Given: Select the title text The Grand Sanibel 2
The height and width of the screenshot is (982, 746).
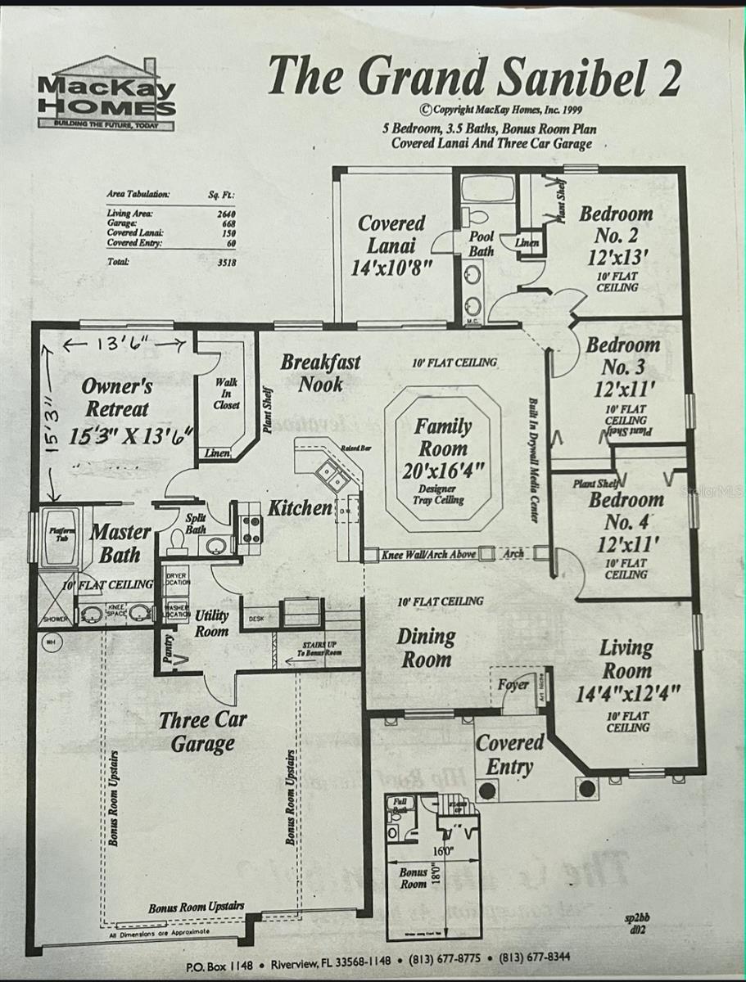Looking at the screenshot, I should click(x=474, y=77).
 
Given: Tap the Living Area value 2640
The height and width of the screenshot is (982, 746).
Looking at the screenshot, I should click(x=220, y=213).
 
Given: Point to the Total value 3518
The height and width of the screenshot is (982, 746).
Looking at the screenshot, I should click(x=220, y=262).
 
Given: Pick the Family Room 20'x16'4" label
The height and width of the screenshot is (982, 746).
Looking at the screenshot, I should click(x=443, y=449).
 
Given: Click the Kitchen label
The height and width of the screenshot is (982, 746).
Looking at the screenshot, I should click(x=300, y=508).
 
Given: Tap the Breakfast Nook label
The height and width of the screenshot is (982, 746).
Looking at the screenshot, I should click(x=320, y=372).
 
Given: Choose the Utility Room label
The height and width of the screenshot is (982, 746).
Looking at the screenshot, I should click(x=211, y=623).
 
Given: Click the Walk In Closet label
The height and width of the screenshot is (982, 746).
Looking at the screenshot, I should click(x=227, y=394).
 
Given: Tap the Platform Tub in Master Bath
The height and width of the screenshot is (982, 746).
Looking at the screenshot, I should click(x=60, y=536).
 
